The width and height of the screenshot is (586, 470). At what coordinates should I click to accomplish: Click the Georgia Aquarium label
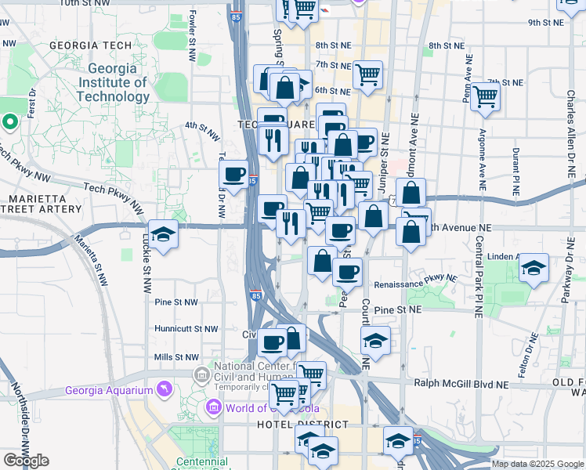tap(109, 390)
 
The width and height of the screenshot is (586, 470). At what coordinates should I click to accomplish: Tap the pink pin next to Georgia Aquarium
tap(163, 388)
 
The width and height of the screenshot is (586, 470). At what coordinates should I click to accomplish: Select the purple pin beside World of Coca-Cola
tap(213, 407)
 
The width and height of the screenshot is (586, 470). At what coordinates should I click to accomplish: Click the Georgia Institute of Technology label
tap(113, 81)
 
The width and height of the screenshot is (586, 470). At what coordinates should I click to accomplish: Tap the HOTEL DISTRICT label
tap(302, 425)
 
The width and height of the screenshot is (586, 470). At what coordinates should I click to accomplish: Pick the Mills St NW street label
tap(175, 356)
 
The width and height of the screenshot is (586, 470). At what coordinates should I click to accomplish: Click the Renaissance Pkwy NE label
tap(415, 282)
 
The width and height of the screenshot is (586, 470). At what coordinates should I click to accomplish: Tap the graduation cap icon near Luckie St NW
tap(163, 234)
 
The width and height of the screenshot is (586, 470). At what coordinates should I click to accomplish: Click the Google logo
tap(26, 461)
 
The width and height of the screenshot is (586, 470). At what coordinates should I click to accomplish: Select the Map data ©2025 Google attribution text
tap(537, 464)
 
